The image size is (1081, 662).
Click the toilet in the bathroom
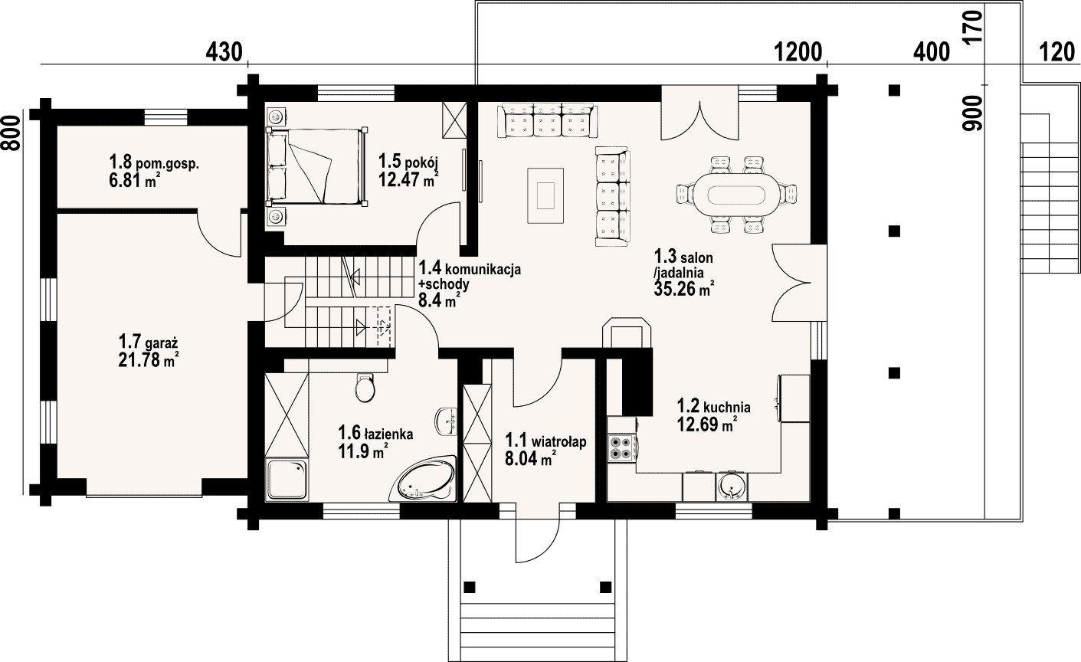tap(365, 388)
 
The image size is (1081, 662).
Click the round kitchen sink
tap(731, 487)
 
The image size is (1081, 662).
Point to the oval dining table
tap(736, 195)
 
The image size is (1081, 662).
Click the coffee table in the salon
tap(545, 195)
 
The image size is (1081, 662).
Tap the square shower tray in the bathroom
tap(287, 480)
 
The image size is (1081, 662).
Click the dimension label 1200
tap(798, 52)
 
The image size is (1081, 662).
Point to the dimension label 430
tap(224, 52)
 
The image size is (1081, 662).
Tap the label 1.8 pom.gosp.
tap(154, 162)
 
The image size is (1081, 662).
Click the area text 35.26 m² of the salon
tap(684, 289)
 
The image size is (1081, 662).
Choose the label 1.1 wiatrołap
tap(545, 441)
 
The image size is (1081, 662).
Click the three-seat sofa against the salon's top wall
tap(547, 120)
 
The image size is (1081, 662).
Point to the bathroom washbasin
tap(447, 421)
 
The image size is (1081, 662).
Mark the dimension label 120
tap(1057, 52)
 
